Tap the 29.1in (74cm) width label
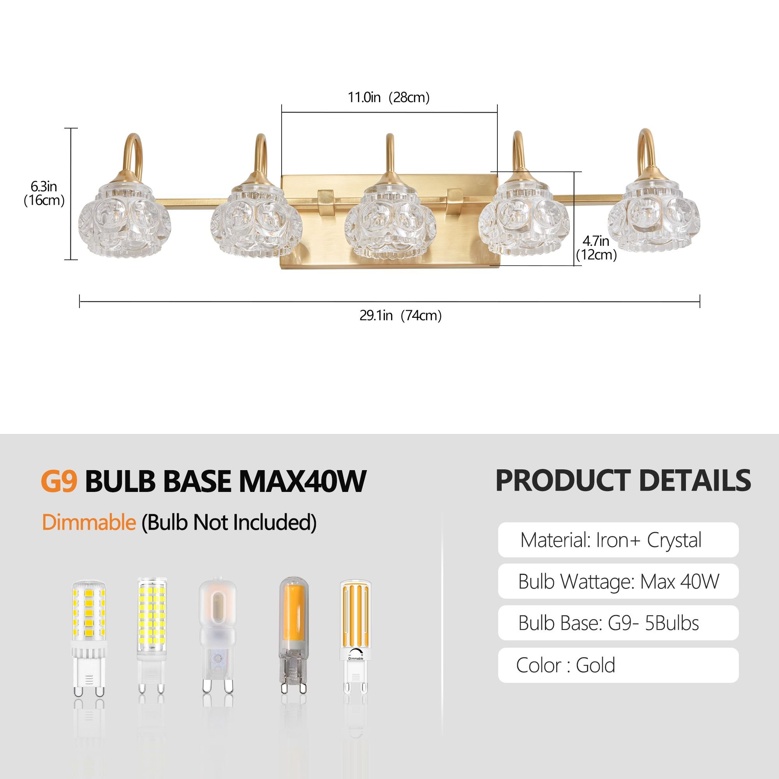pyautogui.click(x=400, y=315)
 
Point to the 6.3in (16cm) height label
pyautogui.click(x=44, y=193)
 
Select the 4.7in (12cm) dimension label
pyautogui.click(x=596, y=248)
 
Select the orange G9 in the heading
pyautogui.click(x=59, y=481)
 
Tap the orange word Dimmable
pyautogui.click(x=89, y=523)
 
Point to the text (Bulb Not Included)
pyautogui.click(x=229, y=523)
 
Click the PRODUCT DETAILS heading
pyautogui.click(x=623, y=480)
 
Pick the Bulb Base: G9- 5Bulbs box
pyautogui.click(x=618, y=623)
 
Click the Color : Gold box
pyautogui.click(x=618, y=665)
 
